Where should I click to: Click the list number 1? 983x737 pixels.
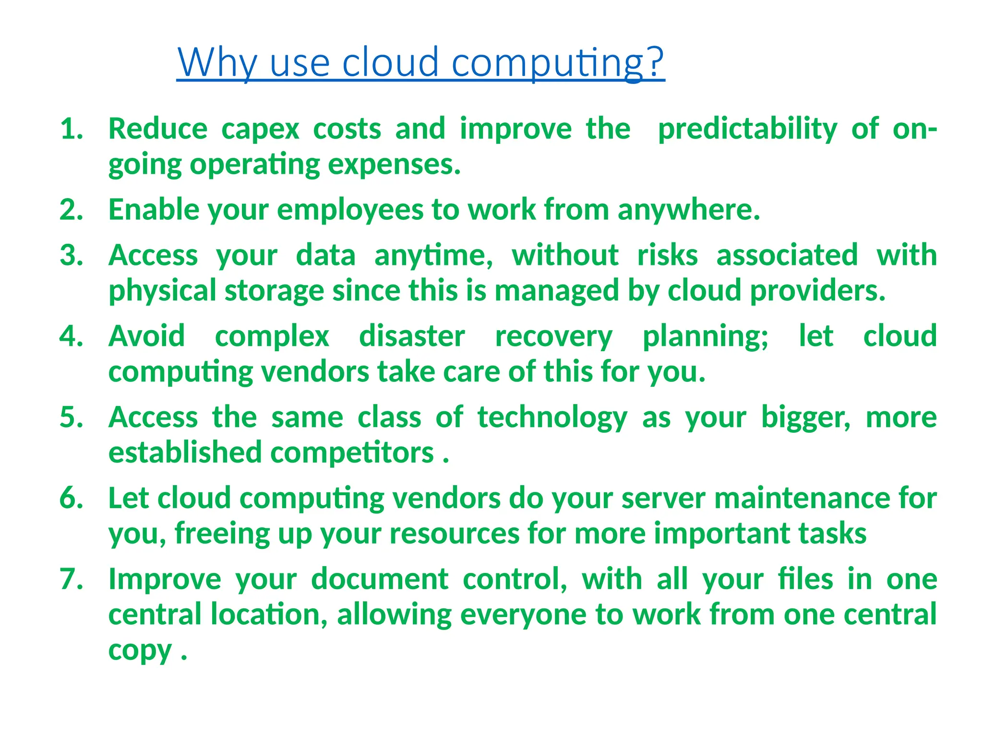71,130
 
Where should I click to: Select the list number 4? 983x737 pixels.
71,336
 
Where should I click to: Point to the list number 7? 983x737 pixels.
71,579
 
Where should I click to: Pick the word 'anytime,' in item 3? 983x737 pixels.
433,256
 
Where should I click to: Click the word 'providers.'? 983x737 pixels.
817,291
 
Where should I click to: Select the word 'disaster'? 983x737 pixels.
412,336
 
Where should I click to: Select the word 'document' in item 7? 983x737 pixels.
380,579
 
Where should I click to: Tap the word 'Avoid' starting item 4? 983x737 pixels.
146,336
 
